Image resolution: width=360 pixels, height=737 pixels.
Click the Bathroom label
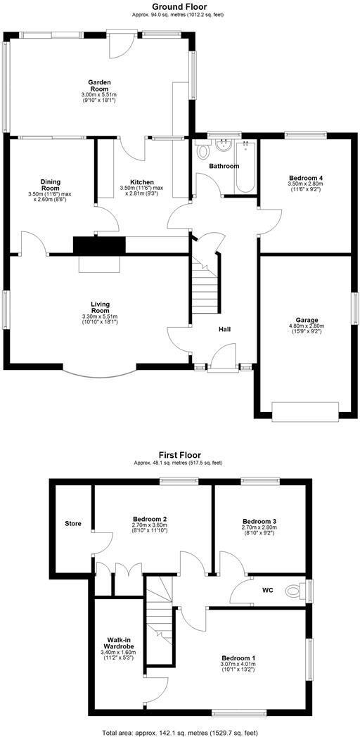[x=224, y=166]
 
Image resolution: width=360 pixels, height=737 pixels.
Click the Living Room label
[x=100, y=307]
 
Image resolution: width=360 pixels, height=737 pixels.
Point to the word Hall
[x=225, y=329]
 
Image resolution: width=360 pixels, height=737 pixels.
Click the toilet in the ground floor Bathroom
[x=203, y=151]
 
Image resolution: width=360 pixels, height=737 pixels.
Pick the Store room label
[x=73, y=523]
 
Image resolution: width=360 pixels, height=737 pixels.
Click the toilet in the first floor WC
[x=295, y=590]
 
